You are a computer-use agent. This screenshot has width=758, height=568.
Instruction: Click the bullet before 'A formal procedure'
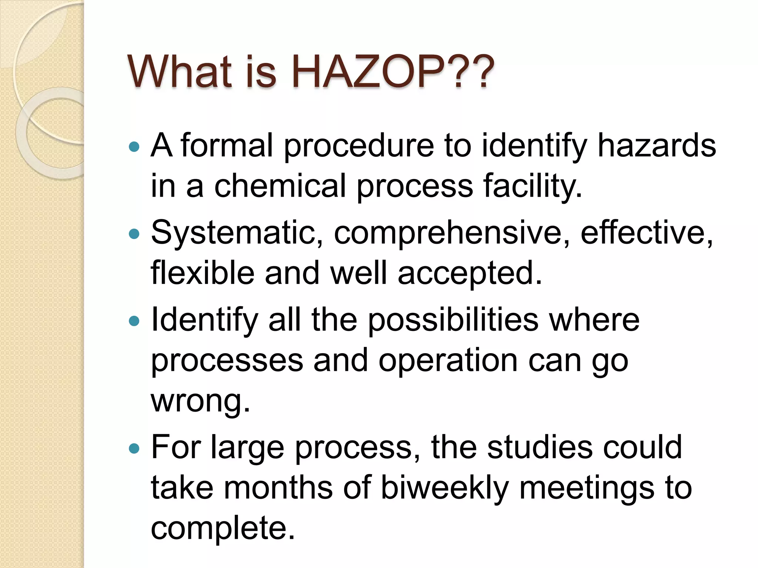pyautogui.click(x=134, y=147)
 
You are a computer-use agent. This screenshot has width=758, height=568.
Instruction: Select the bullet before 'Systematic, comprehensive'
pyautogui.click(x=134, y=234)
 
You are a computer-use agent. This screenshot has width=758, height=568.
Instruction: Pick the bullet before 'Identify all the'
pyautogui.click(x=134, y=321)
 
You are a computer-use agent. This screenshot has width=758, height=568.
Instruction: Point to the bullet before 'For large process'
pyautogui.click(x=134, y=449)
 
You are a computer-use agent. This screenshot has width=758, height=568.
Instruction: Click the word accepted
pyautogui.click(x=470, y=274)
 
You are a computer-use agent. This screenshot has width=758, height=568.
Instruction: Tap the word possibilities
pyautogui.click(x=453, y=320)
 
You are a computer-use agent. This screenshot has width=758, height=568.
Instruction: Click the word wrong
pyautogui.click(x=200, y=401)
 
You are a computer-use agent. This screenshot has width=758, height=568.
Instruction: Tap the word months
pyautogui.click(x=278, y=488)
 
